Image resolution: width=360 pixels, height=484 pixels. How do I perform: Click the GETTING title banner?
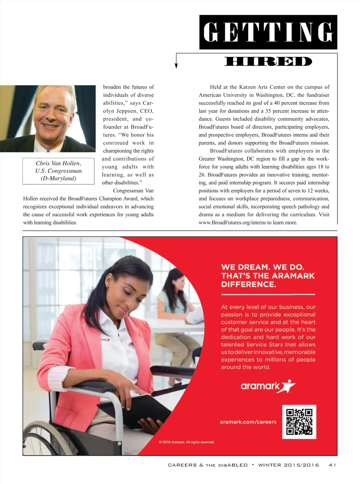point(268,32)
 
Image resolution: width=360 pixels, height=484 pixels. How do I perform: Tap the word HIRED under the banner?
point(268,62)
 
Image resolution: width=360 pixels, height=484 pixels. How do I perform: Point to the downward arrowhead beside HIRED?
point(176,65)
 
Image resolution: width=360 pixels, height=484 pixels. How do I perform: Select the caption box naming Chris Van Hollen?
point(58,171)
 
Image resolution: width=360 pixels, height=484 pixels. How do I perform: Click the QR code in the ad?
point(299,422)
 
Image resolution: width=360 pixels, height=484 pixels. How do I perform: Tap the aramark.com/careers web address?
point(248,422)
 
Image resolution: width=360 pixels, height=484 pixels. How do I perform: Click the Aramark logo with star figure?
point(268,386)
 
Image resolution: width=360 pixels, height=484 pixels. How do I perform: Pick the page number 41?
point(332,465)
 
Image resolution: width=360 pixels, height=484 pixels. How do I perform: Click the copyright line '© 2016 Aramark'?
point(187,442)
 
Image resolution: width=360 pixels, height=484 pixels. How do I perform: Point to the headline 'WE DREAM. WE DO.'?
point(263,267)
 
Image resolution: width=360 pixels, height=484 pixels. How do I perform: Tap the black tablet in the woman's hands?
point(135,410)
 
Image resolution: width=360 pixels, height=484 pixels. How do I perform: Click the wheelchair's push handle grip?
point(38,346)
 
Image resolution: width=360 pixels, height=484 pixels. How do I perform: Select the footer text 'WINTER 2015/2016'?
point(288,465)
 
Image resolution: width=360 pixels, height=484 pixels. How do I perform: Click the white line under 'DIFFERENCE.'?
point(268,294)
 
